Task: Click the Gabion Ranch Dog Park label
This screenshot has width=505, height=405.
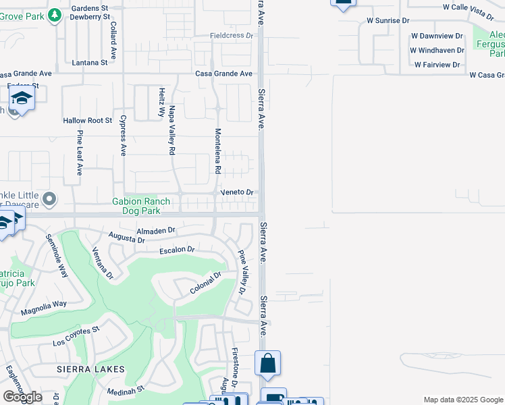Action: pyautogui.click(x=137, y=206)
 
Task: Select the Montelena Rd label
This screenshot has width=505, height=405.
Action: pyautogui.click(x=218, y=151)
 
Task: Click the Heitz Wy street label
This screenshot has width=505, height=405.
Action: pyautogui.click(x=161, y=102)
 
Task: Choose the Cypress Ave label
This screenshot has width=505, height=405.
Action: pyautogui.click(x=123, y=135)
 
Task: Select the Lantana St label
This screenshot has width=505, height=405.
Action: pyautogui.click(x=90, y=63)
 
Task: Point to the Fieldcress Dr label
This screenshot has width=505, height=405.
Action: pyautogui.click(x=231, y=34)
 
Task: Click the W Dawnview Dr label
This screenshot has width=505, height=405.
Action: pyautogui.click(x=436, y=35)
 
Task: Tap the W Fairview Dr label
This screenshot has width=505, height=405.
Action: pyautogui.click(x=437, y=65)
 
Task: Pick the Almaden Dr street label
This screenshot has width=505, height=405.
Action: pyautogui.click(x=156, y=230)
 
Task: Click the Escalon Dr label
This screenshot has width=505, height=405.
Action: pyautogui.click(x=177, y=250)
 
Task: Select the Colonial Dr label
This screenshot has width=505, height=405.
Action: pyautogui.click(x=205, y=283)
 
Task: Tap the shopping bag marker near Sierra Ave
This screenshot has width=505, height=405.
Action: pyautogui.click(x=267, y=363)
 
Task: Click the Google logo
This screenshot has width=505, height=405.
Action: pyautogui.click(x=22, y=397)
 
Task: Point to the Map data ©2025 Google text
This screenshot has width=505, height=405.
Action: pyautogui.click(x=463, y=400)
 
